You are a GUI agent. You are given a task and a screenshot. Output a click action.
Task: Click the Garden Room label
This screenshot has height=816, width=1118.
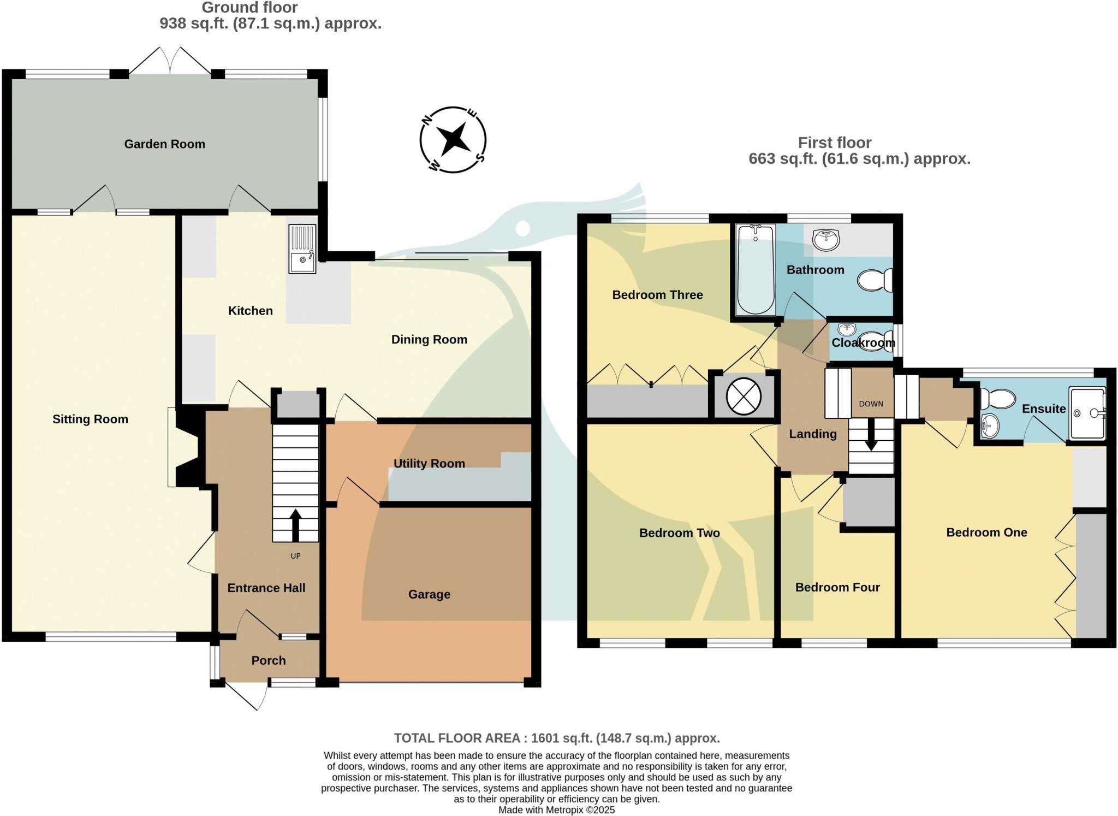click(164, 144)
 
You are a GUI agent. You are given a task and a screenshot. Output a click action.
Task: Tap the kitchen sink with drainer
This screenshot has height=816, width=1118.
click(302, 249)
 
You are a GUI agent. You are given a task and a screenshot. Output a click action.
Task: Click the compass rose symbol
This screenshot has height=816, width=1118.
click(453, 140)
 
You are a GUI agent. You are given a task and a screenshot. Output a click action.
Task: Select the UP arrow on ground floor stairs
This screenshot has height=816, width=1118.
click(295, 524)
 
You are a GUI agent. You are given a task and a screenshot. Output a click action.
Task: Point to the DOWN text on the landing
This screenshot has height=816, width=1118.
click(871, 404)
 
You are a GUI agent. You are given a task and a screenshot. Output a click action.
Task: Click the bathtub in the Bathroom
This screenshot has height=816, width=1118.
click(756, 270)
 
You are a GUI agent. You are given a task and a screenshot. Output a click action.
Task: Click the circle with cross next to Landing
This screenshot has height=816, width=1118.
click(744, 397)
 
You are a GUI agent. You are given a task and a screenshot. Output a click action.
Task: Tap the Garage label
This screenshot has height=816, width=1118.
click(429, 594)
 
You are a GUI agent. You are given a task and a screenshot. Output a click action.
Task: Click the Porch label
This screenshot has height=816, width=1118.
click(268, 660)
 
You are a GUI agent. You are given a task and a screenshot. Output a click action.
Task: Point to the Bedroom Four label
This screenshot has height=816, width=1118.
click(837, 587)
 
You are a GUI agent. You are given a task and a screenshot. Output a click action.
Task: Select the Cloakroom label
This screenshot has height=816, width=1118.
click(863, 342)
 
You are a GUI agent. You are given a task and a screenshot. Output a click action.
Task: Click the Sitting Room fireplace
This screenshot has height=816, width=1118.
click(186, 447)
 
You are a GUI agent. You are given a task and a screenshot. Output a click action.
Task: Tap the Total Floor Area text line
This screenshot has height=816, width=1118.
click(557, 738)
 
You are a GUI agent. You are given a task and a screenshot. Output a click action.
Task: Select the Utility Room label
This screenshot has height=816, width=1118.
click(429, 463)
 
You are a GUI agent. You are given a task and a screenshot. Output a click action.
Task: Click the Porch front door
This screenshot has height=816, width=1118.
click(246, 694)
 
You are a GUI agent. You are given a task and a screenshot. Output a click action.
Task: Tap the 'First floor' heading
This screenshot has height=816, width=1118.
click(834, 143)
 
